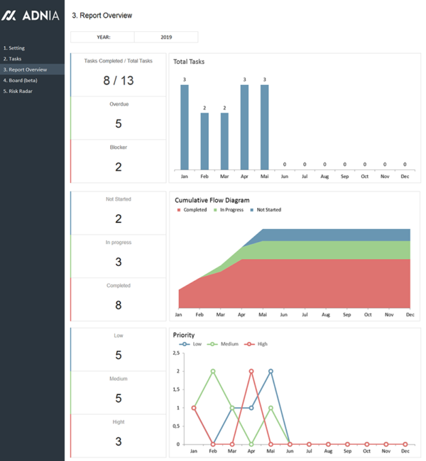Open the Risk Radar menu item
point(21,91)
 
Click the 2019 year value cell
point(166,37)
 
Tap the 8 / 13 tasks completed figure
point(118,80)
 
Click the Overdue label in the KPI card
point(118,104)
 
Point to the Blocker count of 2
point(118,167)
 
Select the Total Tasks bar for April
point(244,127)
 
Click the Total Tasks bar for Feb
point(204,140)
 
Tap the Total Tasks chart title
point(189,62)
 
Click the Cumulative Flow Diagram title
point(212,200)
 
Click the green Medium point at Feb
point(213,371)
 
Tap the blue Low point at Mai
point(271,371)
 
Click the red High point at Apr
point(251,371)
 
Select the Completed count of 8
point(118,305)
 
